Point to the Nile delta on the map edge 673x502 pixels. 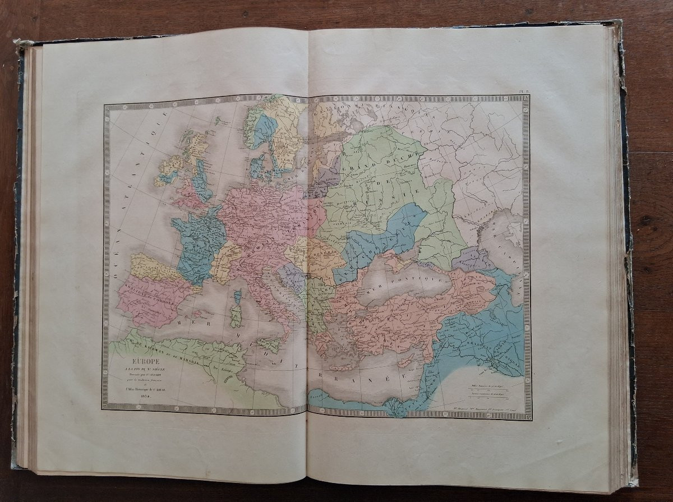[397, 409]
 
